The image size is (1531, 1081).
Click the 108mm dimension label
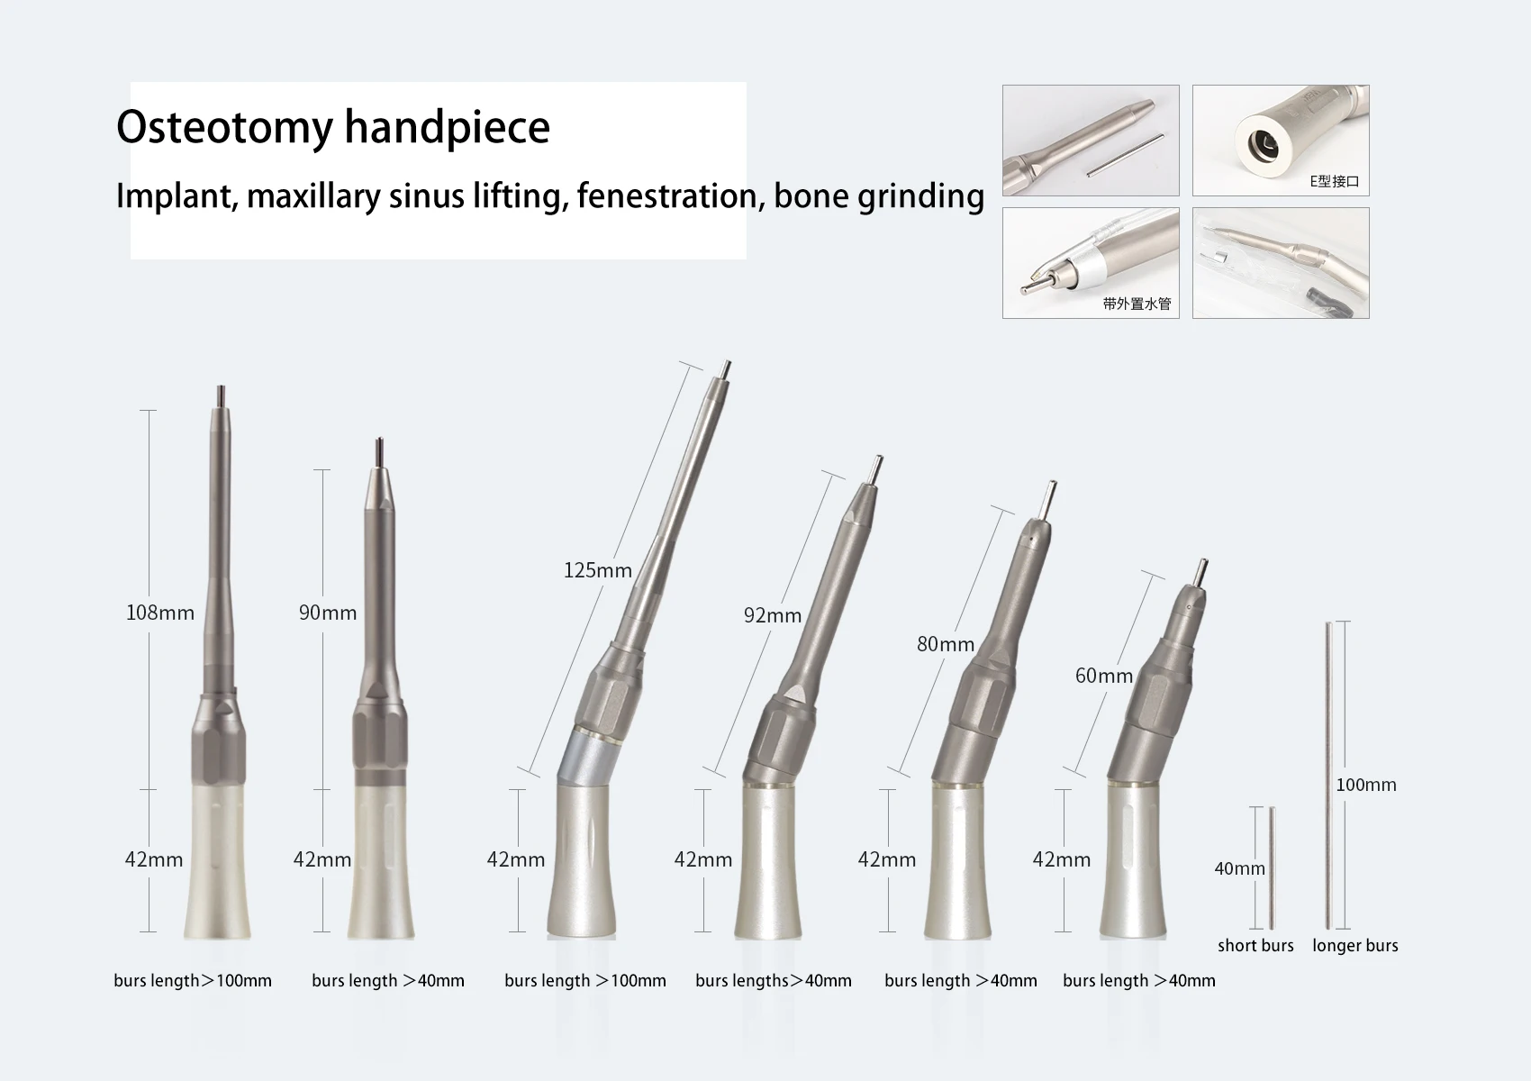point(160,613)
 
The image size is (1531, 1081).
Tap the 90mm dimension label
point(328,613)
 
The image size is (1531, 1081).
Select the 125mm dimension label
point(598,570)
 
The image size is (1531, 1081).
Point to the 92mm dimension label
point(773,615)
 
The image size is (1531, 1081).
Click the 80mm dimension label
point(946,644)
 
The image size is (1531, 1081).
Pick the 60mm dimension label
point(1104,676)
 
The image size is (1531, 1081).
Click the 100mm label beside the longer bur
point(1366,785)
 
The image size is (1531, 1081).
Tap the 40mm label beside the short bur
point(1239,868)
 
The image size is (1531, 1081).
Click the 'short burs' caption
point(1255,945)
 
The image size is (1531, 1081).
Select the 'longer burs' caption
point(1354,945)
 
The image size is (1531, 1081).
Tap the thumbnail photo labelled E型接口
point(1280,140)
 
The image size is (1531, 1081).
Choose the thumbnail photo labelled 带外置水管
point(1090,262)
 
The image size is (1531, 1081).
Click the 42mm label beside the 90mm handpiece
point(322,859)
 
